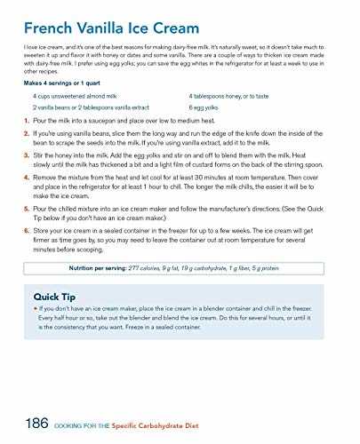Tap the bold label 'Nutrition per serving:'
(x=103, y=267)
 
